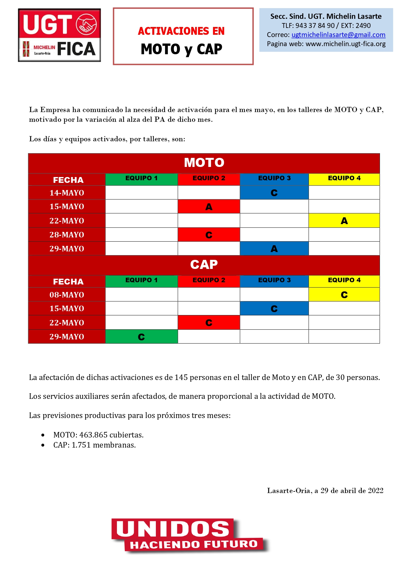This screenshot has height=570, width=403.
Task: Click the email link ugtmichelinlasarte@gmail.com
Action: [x=338, y=35]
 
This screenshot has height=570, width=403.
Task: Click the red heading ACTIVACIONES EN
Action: [x=181, y=31]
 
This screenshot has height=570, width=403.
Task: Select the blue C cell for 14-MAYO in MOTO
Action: [x=274, y=193]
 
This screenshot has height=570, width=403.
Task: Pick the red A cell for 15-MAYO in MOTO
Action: [x=209, y=207]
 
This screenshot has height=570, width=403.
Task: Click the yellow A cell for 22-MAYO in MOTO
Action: [x=344, y=221]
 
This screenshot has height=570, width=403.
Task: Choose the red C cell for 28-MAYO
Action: [x=209, y=235]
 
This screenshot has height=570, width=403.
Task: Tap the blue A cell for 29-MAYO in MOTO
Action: [x=274, y=249]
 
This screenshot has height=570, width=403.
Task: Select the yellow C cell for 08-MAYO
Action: [x=344, y=295]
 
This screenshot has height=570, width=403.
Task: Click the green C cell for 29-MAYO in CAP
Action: [x=141, y=337]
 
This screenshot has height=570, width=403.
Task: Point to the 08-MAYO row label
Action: [x=67, y=295]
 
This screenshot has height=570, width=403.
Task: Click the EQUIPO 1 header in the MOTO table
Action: [x=141, y=178]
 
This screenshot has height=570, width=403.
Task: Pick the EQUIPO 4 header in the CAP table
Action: [x=344, y=280]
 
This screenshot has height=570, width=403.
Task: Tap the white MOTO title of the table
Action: [x=204, y=163]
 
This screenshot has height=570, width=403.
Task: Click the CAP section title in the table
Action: [x=204, y=265]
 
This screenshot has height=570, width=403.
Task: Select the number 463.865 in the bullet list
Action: [x=94, y=435]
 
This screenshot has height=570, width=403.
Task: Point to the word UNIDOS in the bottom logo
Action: [x=172, y=529]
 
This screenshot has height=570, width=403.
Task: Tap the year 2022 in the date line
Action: [x=375, y=490]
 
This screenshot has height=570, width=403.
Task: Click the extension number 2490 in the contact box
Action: [x=363, y=26]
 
